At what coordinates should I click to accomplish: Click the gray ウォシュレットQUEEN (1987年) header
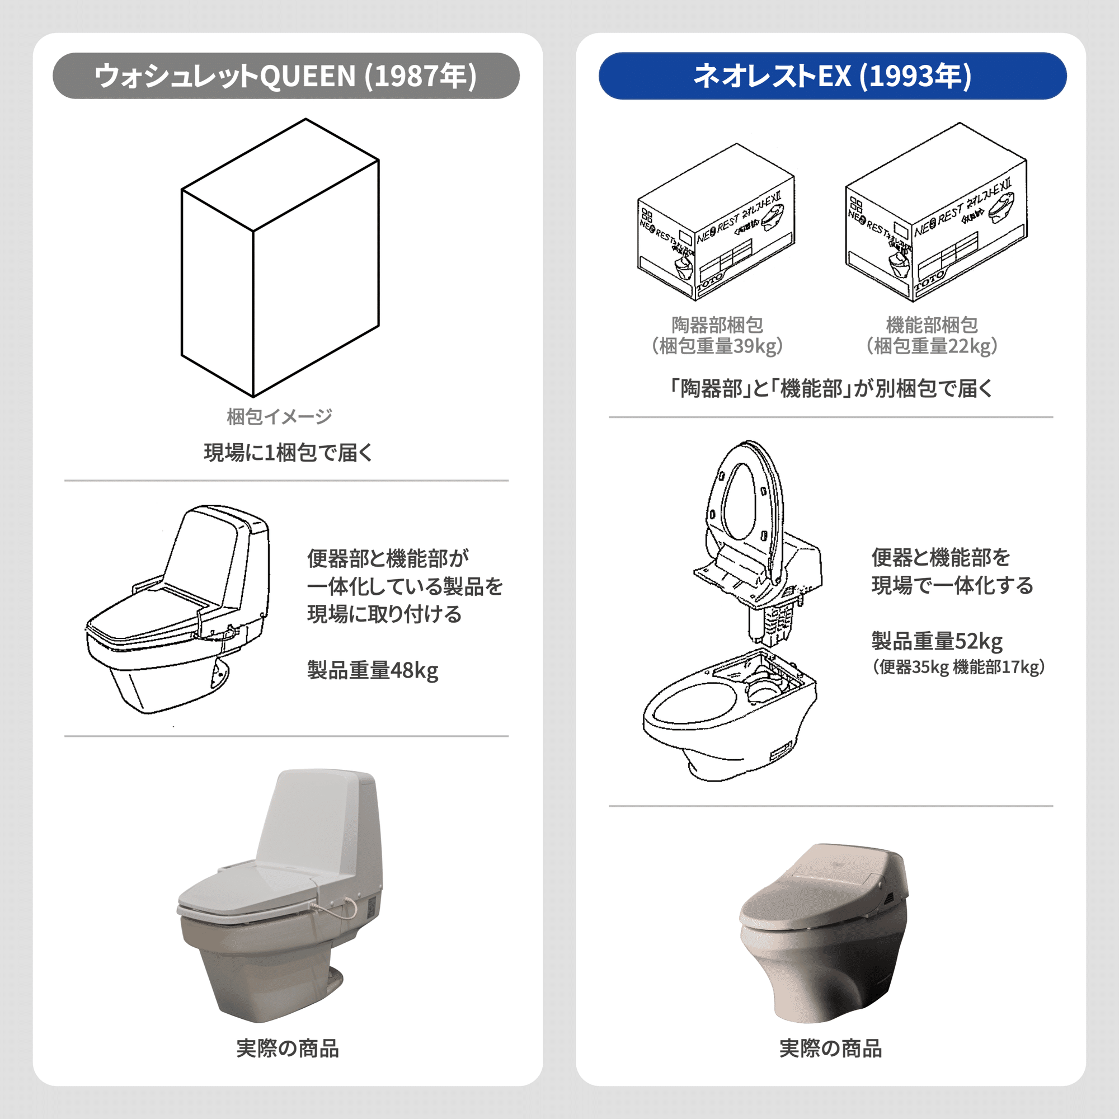pos(285,76)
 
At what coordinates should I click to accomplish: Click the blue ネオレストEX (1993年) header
pos(833,76)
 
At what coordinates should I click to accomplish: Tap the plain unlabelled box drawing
pos(280,258)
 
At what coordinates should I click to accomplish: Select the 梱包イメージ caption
pos(279,416)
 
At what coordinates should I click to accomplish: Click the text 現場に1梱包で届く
pos(288,452)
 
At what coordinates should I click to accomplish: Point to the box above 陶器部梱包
pos(717,223)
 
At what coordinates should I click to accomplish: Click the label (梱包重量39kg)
pos(717,346)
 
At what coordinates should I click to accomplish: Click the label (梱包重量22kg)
pos(932,346)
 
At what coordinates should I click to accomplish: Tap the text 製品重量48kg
pos(373,670)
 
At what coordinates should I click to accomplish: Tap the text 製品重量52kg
pos(937,641)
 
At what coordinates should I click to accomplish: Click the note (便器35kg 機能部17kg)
pos(958,667)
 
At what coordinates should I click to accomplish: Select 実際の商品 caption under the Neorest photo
pos(830,1049)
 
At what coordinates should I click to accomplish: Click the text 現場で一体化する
pos(952,585)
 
